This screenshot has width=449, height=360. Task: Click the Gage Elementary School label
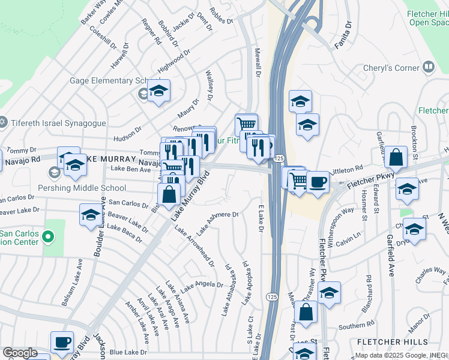[x=108, y=81]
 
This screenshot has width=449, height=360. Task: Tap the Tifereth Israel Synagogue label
[x=57, y=123]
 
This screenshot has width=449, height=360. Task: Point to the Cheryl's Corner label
[x=391, y=68]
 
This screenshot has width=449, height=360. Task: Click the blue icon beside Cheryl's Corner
[x=429, y=67]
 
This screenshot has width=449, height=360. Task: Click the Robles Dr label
[x=221, y=16]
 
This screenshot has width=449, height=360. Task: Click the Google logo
[x=19, y=353]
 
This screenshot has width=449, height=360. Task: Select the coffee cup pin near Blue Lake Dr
[x=62, y=342]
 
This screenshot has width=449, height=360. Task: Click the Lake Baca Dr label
[x=125, y=233]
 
